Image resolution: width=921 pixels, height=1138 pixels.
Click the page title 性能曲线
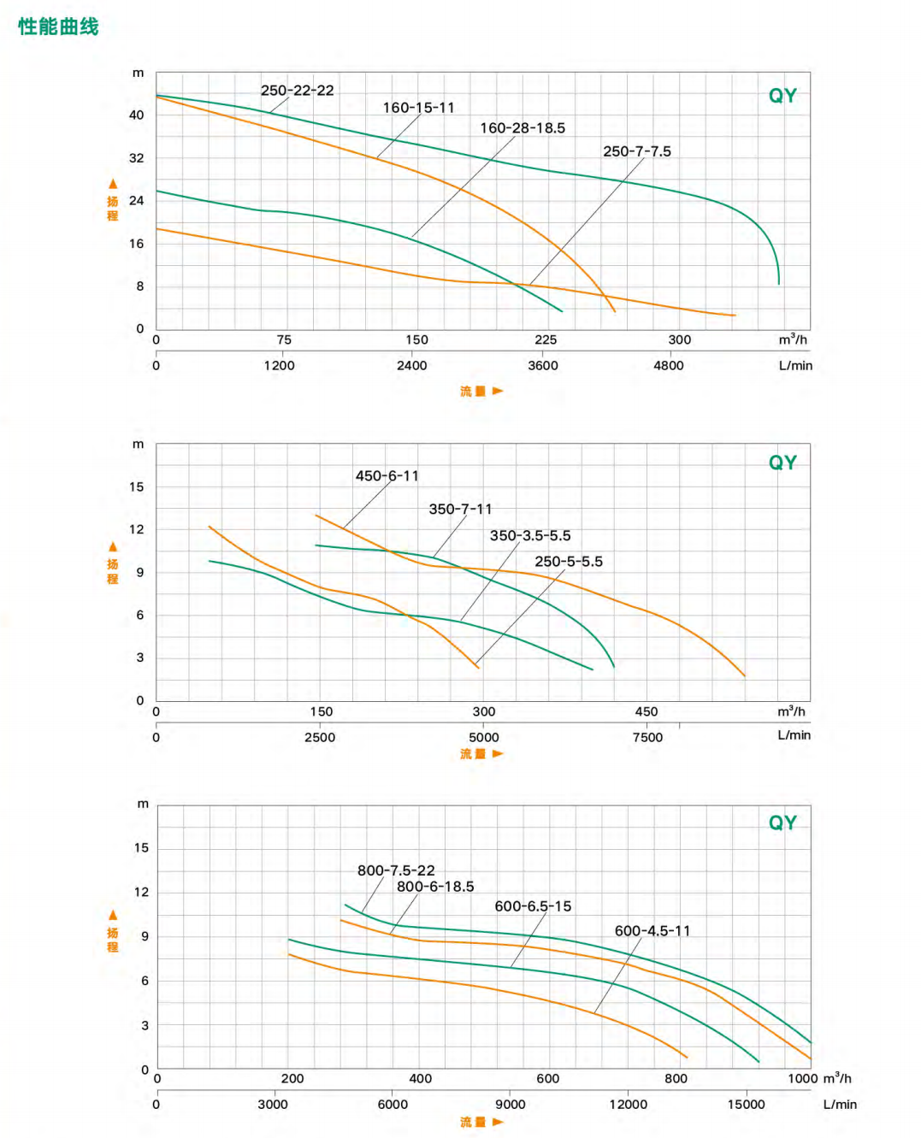58,27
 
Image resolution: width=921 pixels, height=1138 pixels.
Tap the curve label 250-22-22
297,91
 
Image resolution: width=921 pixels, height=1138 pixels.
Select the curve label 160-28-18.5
522,128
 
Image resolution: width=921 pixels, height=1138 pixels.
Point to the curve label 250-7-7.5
636,151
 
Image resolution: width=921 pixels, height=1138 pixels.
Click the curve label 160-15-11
418,108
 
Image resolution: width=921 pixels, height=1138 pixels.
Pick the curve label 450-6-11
387,476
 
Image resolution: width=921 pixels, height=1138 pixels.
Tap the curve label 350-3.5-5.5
529,536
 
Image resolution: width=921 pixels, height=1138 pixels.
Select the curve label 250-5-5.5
568,562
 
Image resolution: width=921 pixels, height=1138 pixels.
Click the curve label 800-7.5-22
396,870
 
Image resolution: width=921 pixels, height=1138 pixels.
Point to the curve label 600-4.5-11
652,931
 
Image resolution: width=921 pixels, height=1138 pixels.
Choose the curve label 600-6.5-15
533,906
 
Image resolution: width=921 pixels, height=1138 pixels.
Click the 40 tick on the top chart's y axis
137,115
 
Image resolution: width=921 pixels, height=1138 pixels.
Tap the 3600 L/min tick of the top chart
543,366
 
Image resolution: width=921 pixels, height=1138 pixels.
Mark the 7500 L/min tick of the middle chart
647,738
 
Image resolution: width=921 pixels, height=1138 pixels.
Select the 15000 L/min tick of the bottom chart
746,1105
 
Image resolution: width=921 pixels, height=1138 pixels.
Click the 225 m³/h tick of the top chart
546,340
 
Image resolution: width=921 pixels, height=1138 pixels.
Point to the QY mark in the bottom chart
782,823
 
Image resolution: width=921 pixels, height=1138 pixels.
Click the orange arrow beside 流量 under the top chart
498,392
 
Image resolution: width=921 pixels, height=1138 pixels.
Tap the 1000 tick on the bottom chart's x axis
802,1078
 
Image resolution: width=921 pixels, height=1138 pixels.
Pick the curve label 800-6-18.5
435,887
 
